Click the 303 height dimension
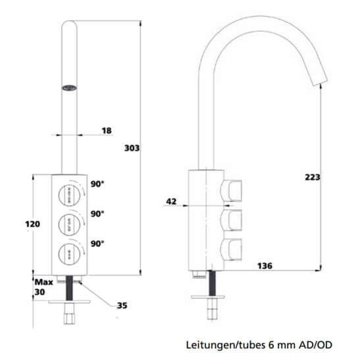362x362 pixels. point(132,149)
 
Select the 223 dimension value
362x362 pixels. point(313,176)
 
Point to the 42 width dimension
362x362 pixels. point(171,202)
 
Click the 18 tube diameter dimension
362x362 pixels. point(107,132)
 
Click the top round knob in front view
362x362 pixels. point(68,192)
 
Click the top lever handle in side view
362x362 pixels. point(232,191)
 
